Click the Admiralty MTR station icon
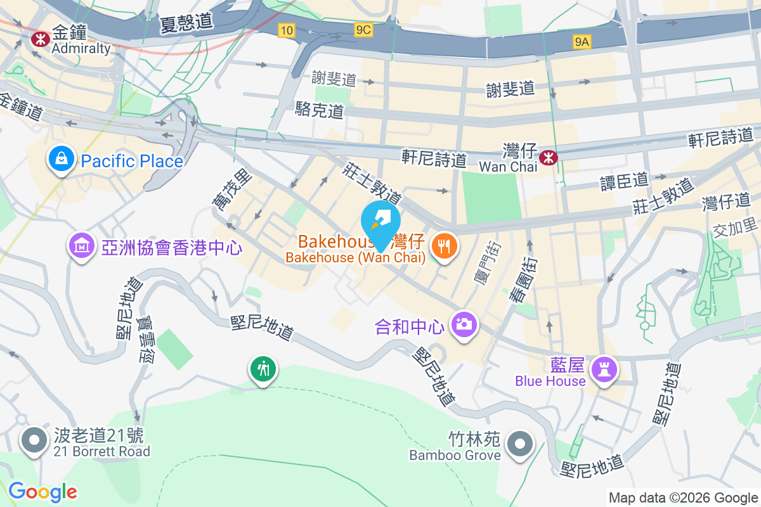pos(41,39)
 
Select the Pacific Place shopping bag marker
pos(62,159)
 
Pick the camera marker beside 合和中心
pos(464,324)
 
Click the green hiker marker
pos(263,368)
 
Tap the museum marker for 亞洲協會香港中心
pos(82,245)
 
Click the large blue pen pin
pos(380,221)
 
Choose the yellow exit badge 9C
pos(363,29)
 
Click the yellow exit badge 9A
pos(582,42)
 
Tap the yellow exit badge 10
pos(286,29)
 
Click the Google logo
pos(42,492)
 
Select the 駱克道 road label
pos(319,111)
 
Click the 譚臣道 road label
pos(625,181)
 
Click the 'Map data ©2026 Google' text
pos(683,498)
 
